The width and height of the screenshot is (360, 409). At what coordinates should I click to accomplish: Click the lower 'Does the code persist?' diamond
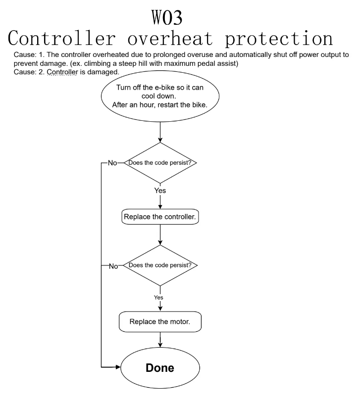[160, 265]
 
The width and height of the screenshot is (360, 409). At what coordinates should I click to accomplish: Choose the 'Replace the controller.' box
[160, 217]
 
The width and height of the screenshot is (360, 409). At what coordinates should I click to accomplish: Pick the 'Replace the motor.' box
[160, 321]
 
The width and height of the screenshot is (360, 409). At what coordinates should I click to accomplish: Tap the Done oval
[160, 369]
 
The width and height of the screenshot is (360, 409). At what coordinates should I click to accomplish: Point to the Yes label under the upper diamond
[160, 190]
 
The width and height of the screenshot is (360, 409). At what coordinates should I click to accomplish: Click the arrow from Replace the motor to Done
[160, 341]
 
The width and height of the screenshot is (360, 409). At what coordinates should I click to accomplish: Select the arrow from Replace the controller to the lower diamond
[160, 235]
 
